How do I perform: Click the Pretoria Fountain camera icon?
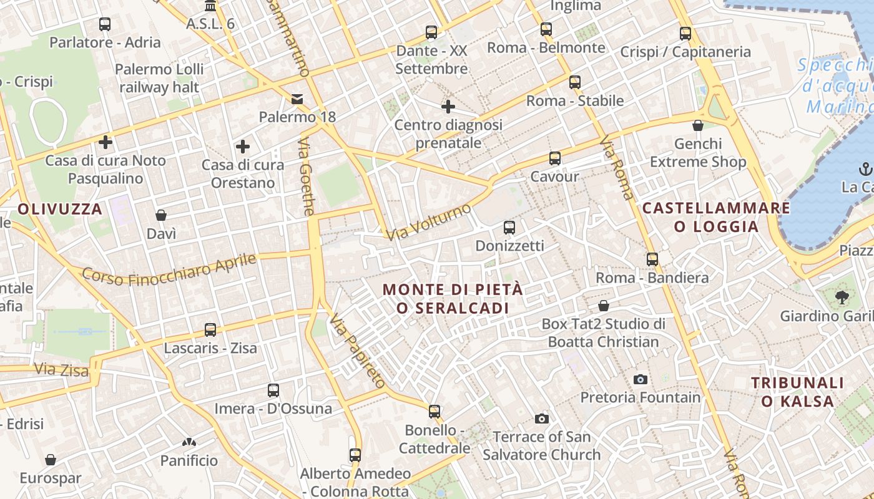pyautogui.click(x=640, y=379)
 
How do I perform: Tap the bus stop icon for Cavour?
pyautogui.click(x=554, y=158)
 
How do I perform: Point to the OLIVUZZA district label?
pyautogui.click(x=60, y=209)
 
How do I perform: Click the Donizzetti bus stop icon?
pyautogui.click(x=509, y=228)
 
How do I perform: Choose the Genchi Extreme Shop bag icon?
pyautogui.click(x=698, y=125)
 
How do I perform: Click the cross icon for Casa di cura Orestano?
pyautogui.click(x=243, y=147)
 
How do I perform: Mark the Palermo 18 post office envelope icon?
pyautogui.click(x=297, y=99)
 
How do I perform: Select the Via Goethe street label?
pyautogui.click(x=306, y=178)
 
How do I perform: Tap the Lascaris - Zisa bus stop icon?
pyautogui.click(x=210, y=329)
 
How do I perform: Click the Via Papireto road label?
pyautogui.click(x=358, y=351)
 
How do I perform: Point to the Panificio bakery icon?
pyautogui.click(x=189, y=443)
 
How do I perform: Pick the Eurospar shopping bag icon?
pyautogui.click(x=51, y=460)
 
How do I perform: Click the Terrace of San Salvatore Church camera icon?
pyautogui.click(x=542, y=419)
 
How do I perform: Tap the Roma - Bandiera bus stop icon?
pyautogui.click(x=652, y=259)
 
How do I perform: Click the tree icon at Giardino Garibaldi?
pyautogui.click(x=842, y=297)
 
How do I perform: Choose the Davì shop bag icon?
pyautogui.click(x=161, y=215)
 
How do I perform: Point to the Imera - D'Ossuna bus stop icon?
pyautogui.click(x=273, y=390)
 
